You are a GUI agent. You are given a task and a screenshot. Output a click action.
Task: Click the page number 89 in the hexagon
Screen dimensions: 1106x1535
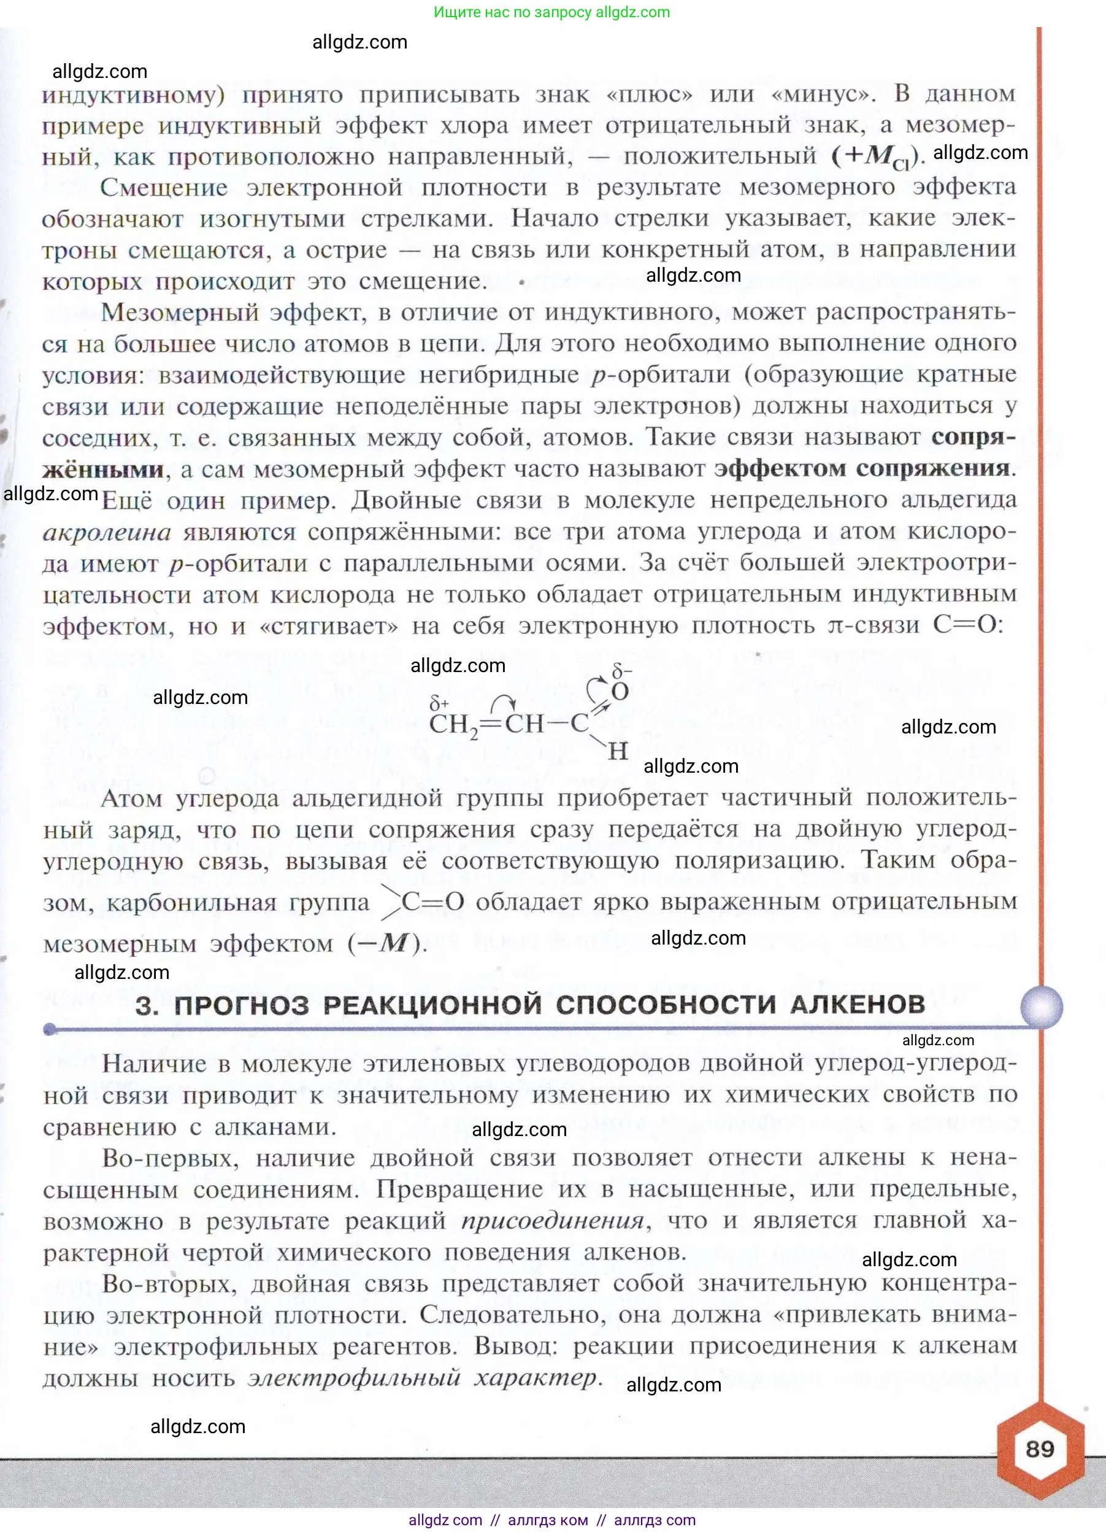pyautogui.click(x=1040, y=1448)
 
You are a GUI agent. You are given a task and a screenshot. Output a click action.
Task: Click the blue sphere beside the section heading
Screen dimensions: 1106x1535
pyautogui.click(x=1041, y=1007)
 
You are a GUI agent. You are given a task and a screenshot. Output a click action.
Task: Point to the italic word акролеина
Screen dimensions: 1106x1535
pyautogui.click(x=107, y=533)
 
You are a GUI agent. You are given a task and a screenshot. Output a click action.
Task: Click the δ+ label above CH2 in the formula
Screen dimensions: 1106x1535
pyautogui.click(x=439, y=704)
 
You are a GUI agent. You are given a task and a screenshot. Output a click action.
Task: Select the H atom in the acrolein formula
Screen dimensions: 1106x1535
pyautogui.click(x=618, y=751)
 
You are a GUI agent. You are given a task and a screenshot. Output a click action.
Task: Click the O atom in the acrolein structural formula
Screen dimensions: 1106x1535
pyautogui.click(x=620, y=692)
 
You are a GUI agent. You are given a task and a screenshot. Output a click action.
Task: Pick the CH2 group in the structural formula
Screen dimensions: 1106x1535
pyautogui.click(x=453, y=725)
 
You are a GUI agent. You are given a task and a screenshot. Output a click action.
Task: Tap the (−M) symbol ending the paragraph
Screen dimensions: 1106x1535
pyautogui.click(x=387, y=943)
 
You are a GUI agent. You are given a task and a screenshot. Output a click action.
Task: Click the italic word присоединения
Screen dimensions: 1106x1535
pyautogui.click(x=552, y=1220)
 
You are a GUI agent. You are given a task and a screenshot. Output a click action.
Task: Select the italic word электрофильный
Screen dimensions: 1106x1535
pyautogui.click(x=353, y=1377)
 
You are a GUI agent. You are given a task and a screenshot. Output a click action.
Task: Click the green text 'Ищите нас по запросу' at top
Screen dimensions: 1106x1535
pyautogui.click(x=513, y=12)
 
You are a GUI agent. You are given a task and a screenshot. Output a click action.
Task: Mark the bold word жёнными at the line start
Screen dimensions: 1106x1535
pyautogui.click(x=103, y=469)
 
